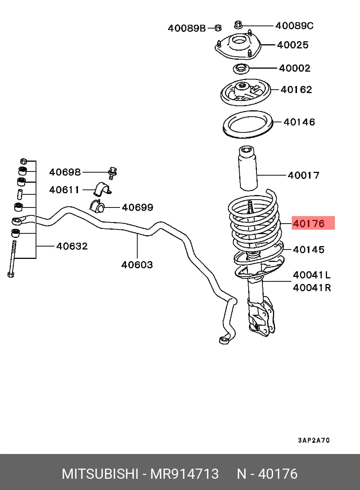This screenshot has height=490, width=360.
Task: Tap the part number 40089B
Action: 187,28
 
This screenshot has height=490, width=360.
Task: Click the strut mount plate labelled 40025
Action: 238,46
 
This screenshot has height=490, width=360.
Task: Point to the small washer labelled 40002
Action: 241,69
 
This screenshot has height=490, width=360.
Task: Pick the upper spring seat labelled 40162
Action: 246,92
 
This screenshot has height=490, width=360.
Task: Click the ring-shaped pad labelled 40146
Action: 248,125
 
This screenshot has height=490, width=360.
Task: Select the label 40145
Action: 309,250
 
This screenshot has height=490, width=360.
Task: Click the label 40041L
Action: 312,275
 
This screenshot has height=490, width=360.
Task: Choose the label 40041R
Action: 312,288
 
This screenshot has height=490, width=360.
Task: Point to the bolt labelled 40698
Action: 112,173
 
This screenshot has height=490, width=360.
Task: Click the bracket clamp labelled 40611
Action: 102,189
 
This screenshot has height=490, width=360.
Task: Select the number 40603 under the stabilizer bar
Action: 137,265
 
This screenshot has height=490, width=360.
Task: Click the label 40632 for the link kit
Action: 72,246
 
